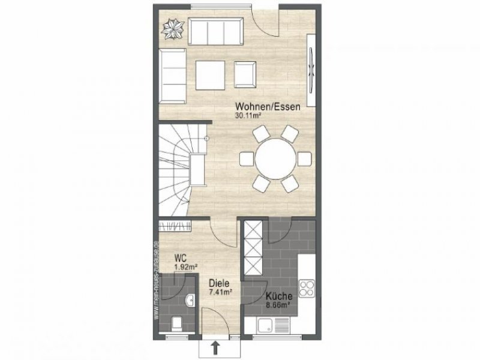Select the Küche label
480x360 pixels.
(x=279, y=296)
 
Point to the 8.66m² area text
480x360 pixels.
(x=278, y=305)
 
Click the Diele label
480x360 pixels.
(x=219, y=283)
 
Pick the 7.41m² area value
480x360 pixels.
(x=220, y=292)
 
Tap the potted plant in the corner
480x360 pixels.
(x=175, y=28)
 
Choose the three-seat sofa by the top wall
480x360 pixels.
(x=215, y=31)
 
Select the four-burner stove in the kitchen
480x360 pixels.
(x=306, y=287)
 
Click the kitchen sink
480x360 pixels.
(x=274, y=325)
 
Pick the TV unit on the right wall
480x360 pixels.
(x=312, y=70)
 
